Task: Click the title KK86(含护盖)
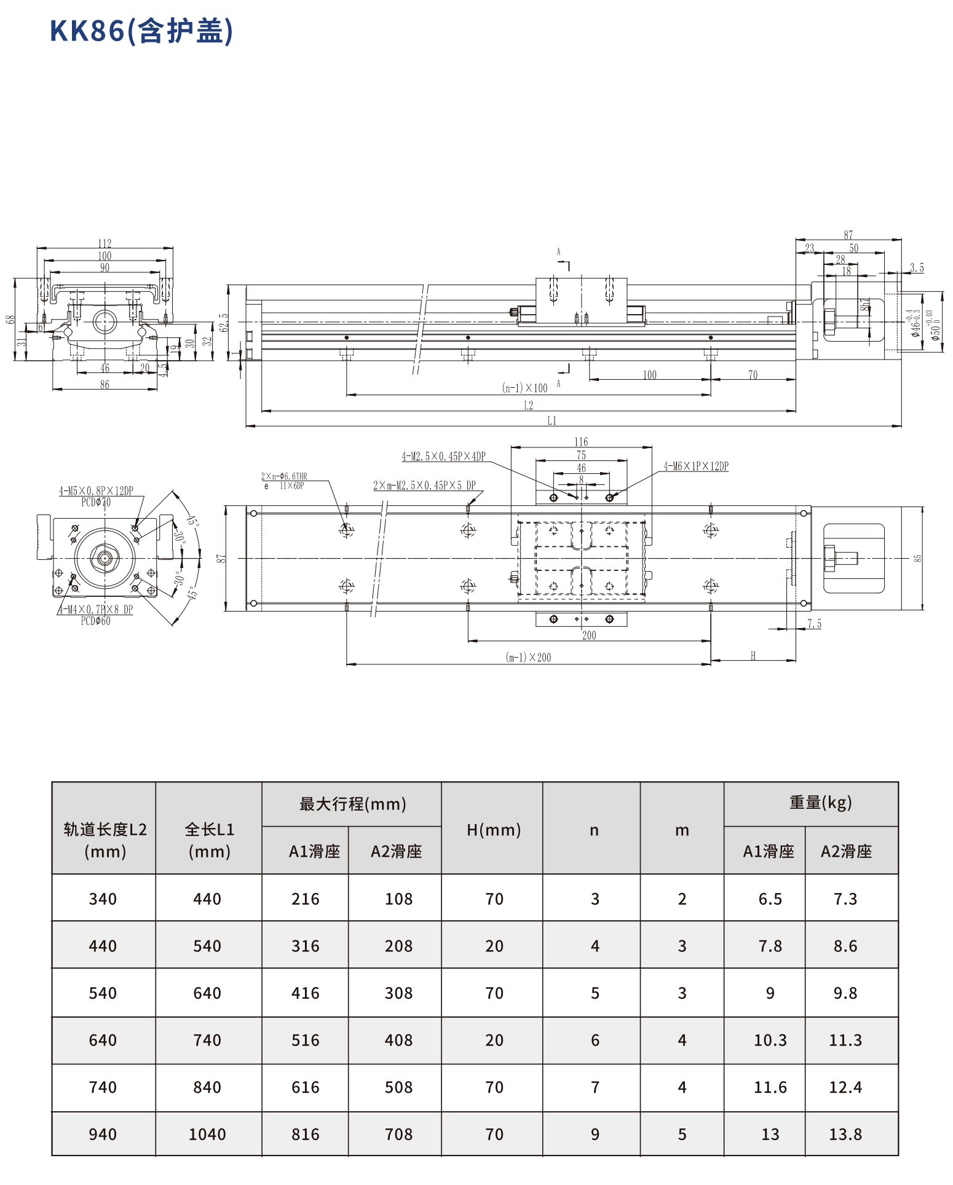[x=141, y=31]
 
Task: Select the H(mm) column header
[x=493, y=830]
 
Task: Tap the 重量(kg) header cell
[x=820, y=803]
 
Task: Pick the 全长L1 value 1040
[x=207, y=1134]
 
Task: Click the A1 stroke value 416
[x=306, y=993]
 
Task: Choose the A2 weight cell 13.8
[x=845, y=1134]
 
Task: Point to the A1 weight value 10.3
[x=770, y=1040]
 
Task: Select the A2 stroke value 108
[x=398, y=899]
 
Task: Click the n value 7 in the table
[x=595, y=1087]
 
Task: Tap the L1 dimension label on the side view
[x=552, y=421]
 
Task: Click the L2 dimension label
[x=528, y=406]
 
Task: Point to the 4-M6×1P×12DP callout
[x=695, y=467]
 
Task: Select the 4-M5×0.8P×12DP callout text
[x=96, y=491]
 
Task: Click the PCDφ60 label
[x=95, y=621]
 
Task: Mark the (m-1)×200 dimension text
[x=528, y=658]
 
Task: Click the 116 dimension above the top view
[x=581, y=442]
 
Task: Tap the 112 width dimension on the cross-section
[x=105, y=244]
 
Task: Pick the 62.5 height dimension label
[x=224, y=323]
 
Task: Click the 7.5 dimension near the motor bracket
[x=814, y=624]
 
